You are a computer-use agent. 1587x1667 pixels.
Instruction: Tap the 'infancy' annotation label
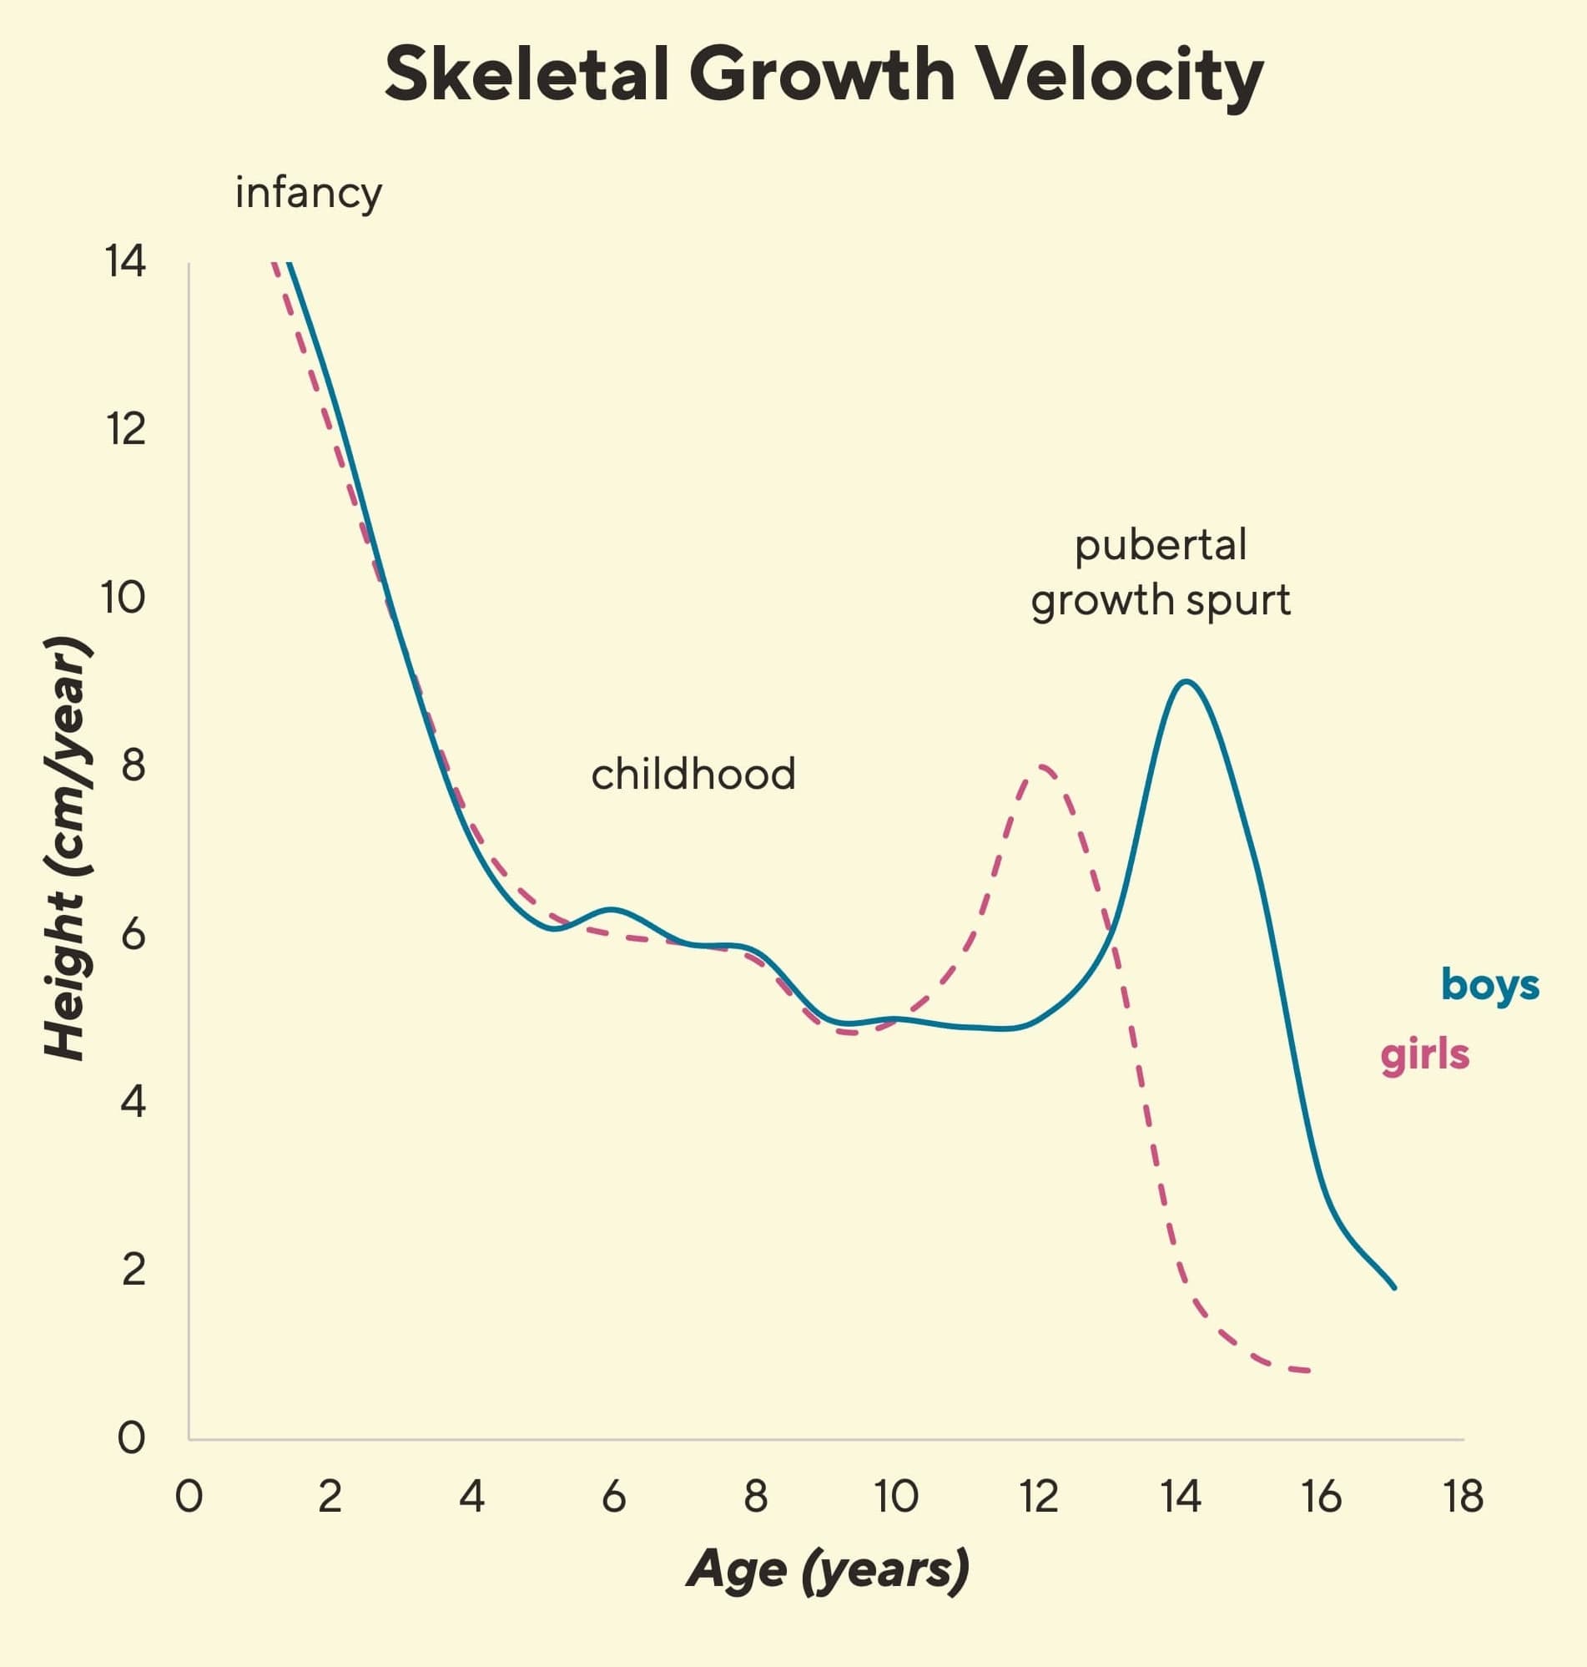(x=308, y=194)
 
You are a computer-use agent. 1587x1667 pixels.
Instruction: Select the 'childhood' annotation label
(x=693, y=775)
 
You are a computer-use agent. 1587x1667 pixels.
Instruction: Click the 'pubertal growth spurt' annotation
(x=1160, y=573)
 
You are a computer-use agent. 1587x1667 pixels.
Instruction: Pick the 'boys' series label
(x=1489, y=986)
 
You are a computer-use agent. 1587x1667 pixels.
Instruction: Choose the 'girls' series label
(x=1424, y=1055)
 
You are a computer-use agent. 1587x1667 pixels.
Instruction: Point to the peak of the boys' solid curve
(x=1186, y=681)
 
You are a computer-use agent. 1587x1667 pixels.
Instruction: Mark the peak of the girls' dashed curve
(x=1042, y=766)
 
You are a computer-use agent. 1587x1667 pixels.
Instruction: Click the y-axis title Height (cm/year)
(x=66, y=848)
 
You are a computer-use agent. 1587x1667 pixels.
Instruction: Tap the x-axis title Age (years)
(x=829, y=1568)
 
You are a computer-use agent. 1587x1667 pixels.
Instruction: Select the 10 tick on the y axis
(x=123, y=599)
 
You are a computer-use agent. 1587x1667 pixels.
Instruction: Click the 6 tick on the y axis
(x=133, y=934)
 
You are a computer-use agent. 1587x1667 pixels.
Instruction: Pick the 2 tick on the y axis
(x=134, y=1270)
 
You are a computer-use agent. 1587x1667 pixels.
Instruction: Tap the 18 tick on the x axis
(x=1464, y=1497)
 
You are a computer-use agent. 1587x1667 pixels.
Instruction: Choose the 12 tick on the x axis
(x=1038, y=1497)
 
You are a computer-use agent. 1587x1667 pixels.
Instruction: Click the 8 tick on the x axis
(x=755, y=1497)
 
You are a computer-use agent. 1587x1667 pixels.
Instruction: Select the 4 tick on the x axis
(x=471, y=1497)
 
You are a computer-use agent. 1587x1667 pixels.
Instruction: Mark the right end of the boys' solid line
(x=1394, y=1288)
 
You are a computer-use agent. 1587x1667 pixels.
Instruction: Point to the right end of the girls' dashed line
(x=1309, y=1371)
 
